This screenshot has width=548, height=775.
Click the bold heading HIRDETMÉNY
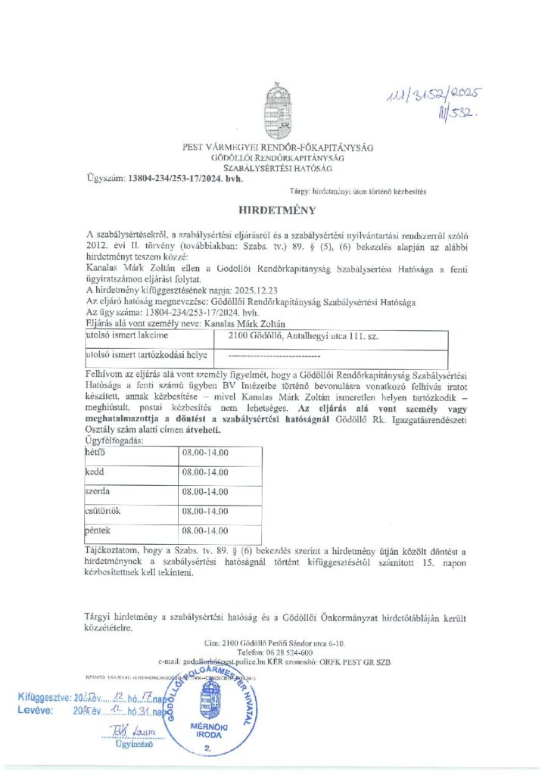(x=274, y=210)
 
